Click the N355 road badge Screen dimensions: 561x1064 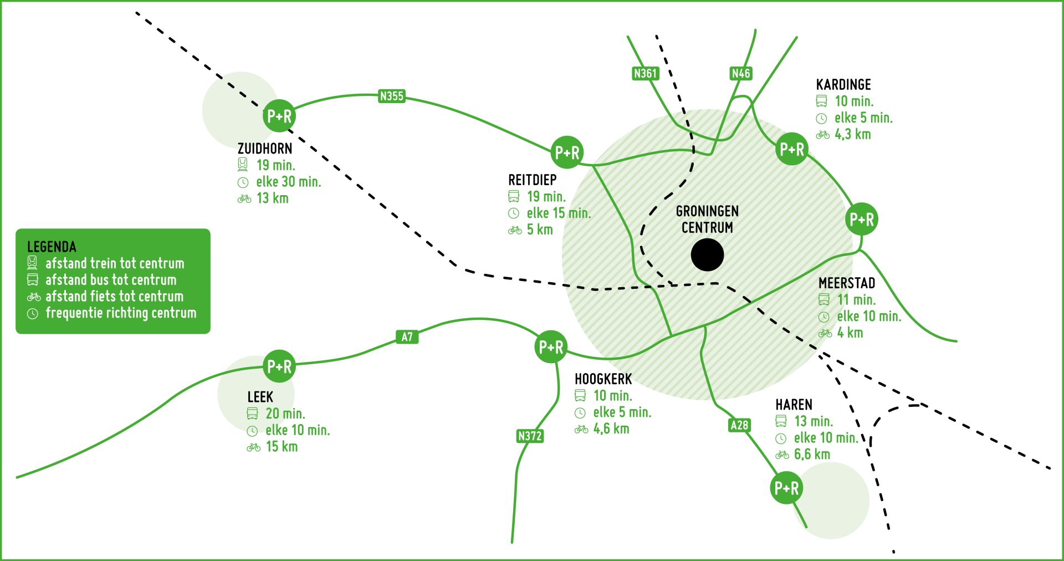click(392, 96)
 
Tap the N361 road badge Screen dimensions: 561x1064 click(645, 73)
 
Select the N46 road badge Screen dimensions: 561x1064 click(740, 73)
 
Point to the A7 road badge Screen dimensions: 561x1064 click(407, 336)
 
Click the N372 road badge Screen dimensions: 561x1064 click(529, 436)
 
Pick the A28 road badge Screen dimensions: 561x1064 click(739, 425)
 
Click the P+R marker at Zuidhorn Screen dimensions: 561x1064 click(279, 116)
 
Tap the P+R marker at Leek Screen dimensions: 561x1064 click(279, 366)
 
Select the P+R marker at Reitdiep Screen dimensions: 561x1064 click(567, 152)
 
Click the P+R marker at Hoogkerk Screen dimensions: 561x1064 click(551, 348)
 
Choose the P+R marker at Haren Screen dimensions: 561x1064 click(786, 488)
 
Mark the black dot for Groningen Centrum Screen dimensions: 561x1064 click(707, 255)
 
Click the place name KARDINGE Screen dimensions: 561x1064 click(843, 85)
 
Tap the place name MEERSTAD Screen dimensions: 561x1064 click(847, 283)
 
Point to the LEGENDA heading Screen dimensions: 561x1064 click(52, 247)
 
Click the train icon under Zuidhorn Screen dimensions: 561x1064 click(243, 165)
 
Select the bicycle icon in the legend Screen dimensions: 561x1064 click(33, 297)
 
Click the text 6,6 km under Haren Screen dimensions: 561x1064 click(812, 455)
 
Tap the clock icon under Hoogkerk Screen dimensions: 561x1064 click(580, 413)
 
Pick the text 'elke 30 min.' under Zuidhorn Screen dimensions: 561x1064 click(288, 182)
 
